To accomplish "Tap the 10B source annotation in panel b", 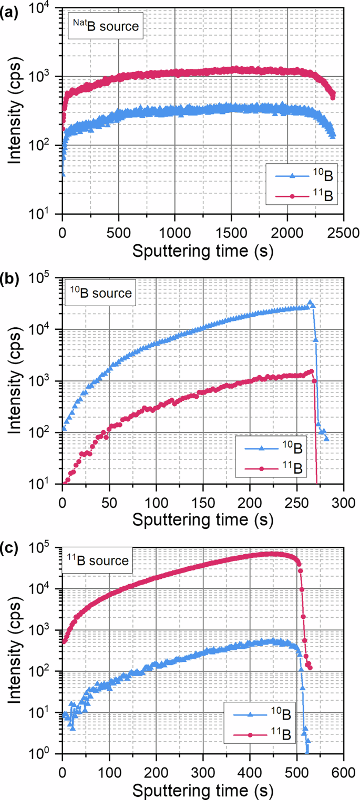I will pos(101,293).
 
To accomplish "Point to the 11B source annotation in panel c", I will pos(99,561).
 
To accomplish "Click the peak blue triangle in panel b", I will pos(311,303).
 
